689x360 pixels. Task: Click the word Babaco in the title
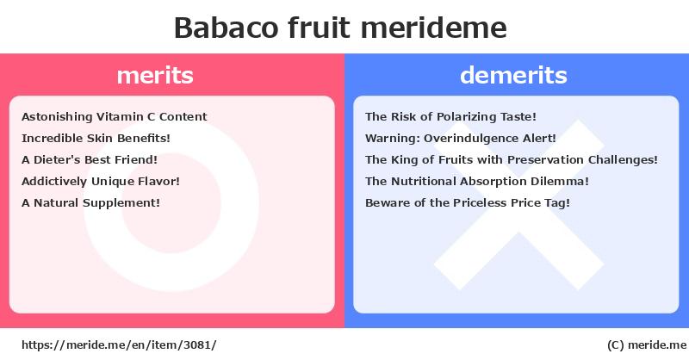[227, 28]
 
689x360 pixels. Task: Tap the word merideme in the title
[434, 28]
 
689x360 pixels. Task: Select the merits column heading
[155, 75]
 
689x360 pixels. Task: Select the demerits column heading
[513, 75]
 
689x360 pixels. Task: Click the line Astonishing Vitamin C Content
[115, 116]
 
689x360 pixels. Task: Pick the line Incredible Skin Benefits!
[96, 138]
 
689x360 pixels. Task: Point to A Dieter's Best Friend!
[90, 159]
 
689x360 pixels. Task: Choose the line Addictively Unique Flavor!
[101, 181]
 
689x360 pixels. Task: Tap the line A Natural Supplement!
[90, 202]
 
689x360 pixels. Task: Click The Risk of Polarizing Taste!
[450, 116]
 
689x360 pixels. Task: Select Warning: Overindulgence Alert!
[461, 138]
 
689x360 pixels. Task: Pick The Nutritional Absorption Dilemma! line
[477, 181]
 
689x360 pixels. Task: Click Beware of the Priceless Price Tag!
[468, 202]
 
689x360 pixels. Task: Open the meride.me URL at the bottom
[119, 345]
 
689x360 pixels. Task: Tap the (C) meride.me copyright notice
[647, 345]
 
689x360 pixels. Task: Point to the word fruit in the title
[320, 28]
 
